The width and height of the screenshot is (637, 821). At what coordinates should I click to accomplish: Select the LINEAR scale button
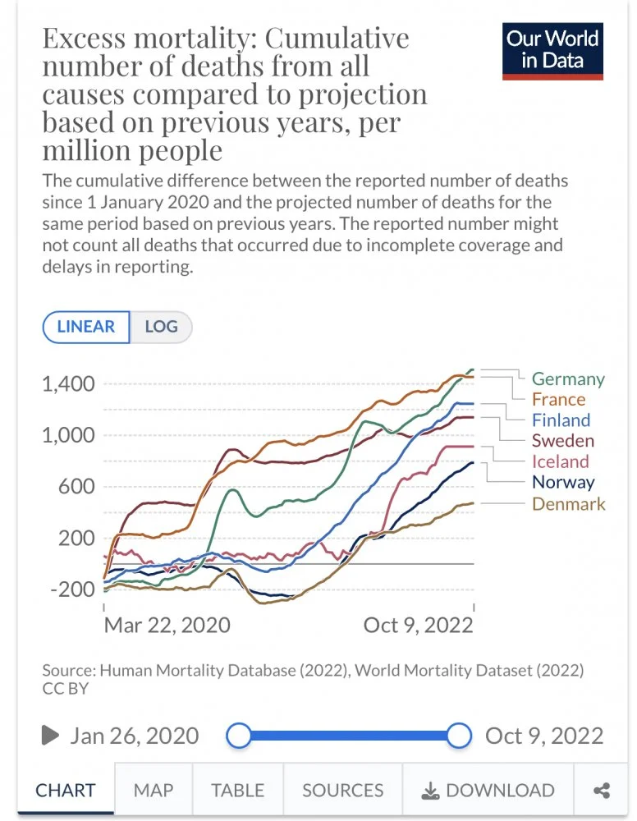point(86,327)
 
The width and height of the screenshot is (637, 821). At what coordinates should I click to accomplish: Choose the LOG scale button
point(161,327)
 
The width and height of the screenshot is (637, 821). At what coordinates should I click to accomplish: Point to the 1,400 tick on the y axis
point(68,383)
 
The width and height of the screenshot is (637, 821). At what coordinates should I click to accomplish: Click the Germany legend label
point(567,378)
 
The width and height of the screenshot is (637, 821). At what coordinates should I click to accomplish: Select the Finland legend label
point(561,420)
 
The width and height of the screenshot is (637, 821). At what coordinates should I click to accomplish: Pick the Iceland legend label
point(561,461)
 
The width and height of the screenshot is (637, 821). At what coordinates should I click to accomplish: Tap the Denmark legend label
point(569,503)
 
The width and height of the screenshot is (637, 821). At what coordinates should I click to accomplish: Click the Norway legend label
point(563,482)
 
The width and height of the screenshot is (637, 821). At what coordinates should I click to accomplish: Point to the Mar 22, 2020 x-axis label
point(167,625)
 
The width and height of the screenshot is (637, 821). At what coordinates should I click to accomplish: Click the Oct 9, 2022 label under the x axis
point(418,625)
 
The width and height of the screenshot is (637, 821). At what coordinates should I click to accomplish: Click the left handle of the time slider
point(238,735)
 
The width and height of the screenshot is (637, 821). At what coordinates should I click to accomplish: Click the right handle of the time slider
point(460,735)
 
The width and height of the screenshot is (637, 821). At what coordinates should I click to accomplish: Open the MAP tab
point(154,791)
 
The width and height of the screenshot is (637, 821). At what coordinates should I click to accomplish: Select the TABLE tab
point(237,791)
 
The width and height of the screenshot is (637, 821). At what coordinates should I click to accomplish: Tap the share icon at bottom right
point(602,791)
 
